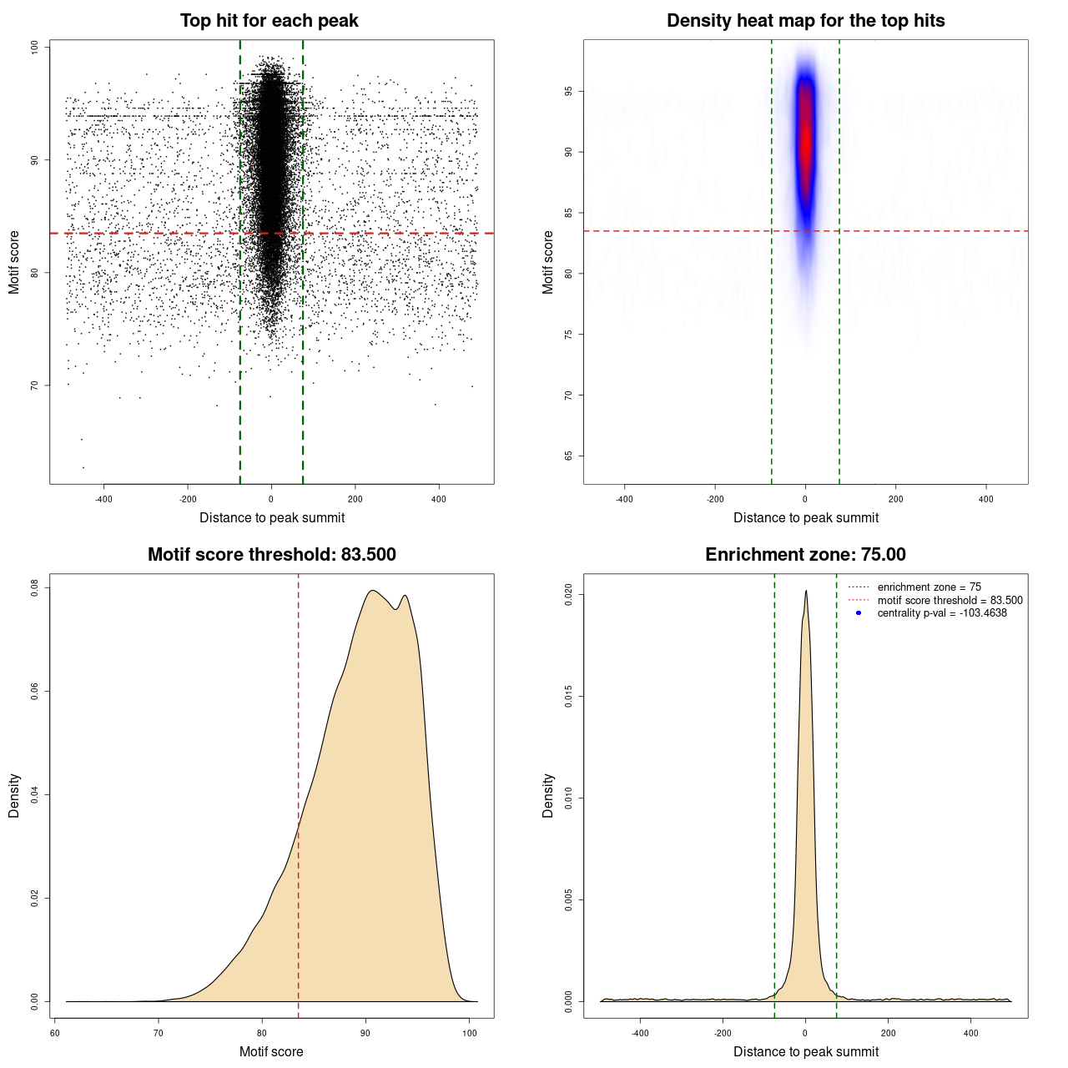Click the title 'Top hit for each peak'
point(269,21)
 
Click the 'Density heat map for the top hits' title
point(805,21)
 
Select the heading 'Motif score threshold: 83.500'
point(271,555)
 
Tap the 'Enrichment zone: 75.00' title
point(805,555)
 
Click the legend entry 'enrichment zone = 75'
point(929,587)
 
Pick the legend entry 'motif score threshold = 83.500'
point(950,600)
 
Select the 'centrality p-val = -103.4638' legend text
point(942,613)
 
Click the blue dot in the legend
point(859,613)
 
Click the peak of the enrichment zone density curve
point(806,592)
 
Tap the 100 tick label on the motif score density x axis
point(470,1033)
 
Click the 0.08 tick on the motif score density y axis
point(35,588)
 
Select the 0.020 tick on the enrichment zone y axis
point(569,595)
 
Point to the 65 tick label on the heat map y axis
point(569,456)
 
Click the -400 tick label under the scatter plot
point(103,499)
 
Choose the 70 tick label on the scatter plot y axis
point(35,385)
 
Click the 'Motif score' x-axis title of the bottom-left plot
point(271,1051)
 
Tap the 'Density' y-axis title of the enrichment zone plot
point(548,795)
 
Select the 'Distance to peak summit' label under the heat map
point(805,517)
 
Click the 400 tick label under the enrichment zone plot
point(970,1033)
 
